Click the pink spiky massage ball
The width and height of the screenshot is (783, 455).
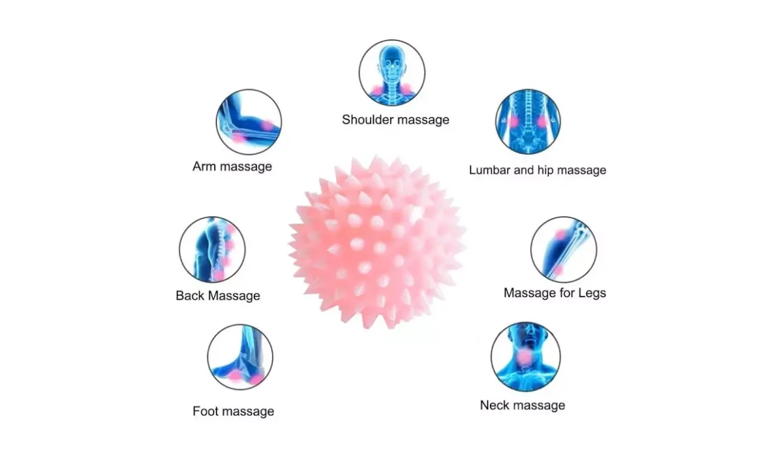click(x=377, y=242)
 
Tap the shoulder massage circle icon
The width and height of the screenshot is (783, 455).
click(x=391, y=72)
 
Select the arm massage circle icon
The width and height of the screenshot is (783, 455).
click(x=249, y=122)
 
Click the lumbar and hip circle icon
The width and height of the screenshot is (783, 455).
click(x=527, y=122)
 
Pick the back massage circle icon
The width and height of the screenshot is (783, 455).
click(x=212, y=249)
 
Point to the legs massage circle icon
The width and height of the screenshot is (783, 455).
click(x=563, y=249)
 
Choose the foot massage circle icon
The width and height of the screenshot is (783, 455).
click(x=240, y=357)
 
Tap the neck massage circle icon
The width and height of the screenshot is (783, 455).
click(x=525, y=356)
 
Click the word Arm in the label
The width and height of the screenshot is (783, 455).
click(x=204, y=166)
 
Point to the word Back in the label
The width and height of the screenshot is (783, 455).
click(x=189, y=296)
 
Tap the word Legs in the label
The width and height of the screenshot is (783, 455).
click(x=591, y=293)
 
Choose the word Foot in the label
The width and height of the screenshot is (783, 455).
click(x=205, y=411)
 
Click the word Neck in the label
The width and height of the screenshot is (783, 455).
click(x=494, y=405)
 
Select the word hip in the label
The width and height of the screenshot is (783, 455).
click(x=544, y=170)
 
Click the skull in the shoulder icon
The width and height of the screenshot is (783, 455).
click(x=391, y=63)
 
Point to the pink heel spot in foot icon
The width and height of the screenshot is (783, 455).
click(x=256, y=378)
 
